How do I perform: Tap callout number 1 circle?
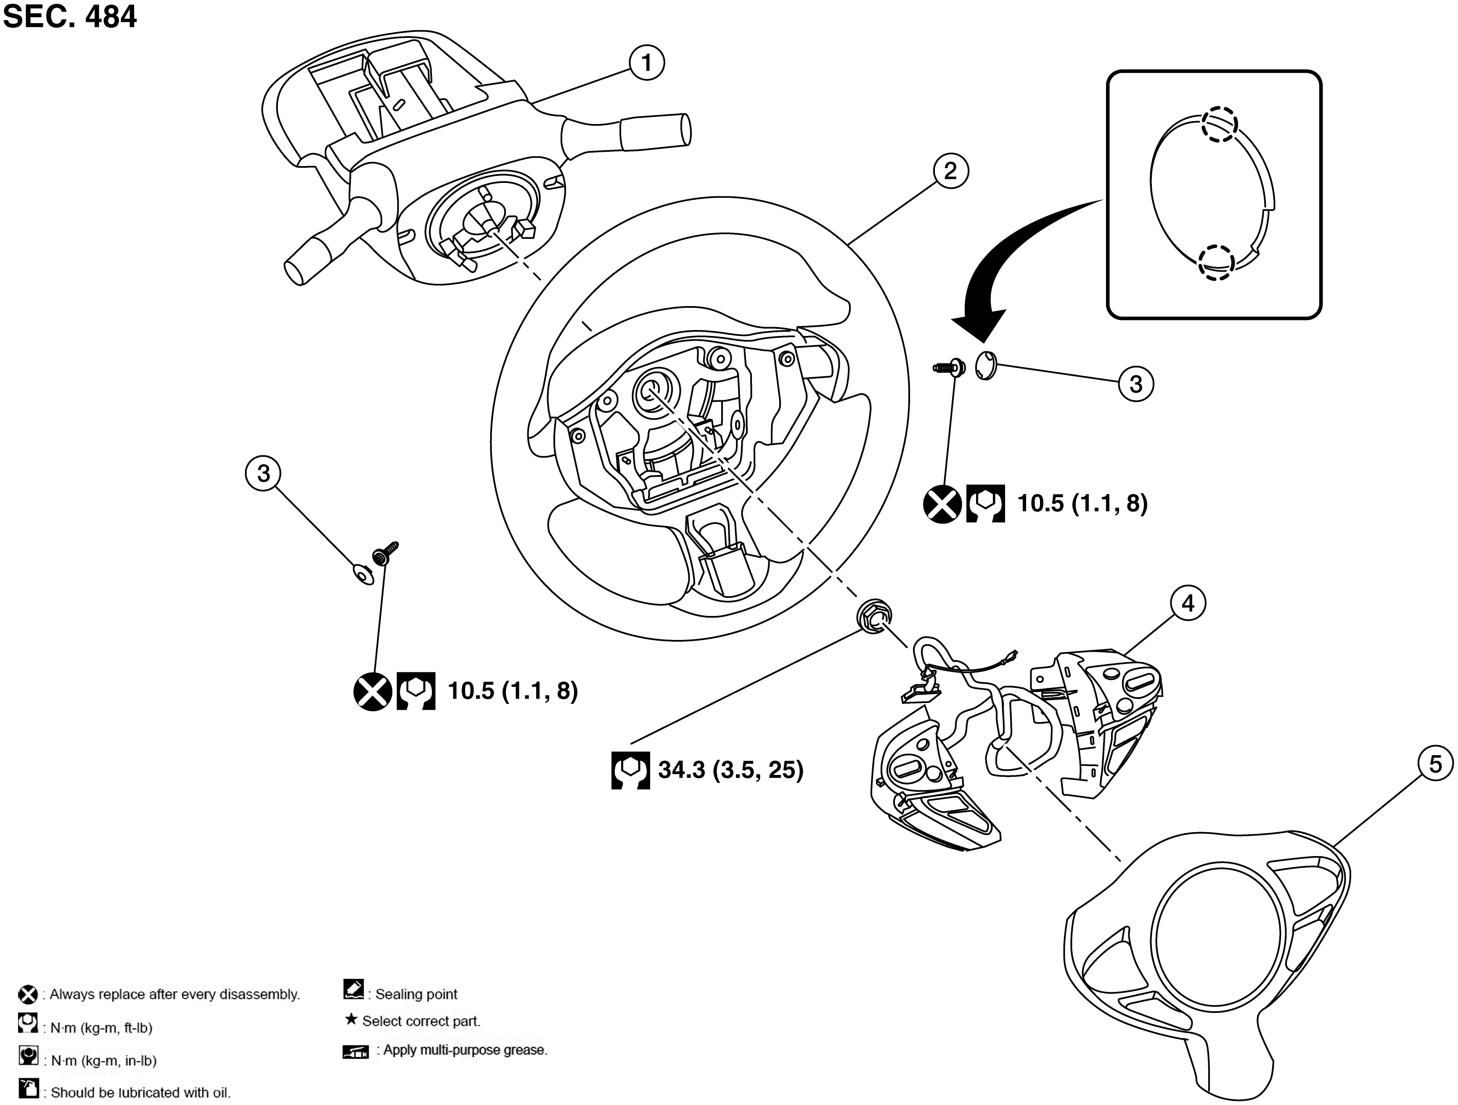point(646,63)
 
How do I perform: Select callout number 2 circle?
point(950,171)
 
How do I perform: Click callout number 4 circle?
point(1188,603)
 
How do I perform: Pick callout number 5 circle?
point(1435,764)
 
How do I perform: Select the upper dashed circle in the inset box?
point(1219,124)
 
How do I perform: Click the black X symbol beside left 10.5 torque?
point(373,691)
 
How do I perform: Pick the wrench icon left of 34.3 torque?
point(630,769)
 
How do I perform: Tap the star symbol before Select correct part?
point(351,1020)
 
